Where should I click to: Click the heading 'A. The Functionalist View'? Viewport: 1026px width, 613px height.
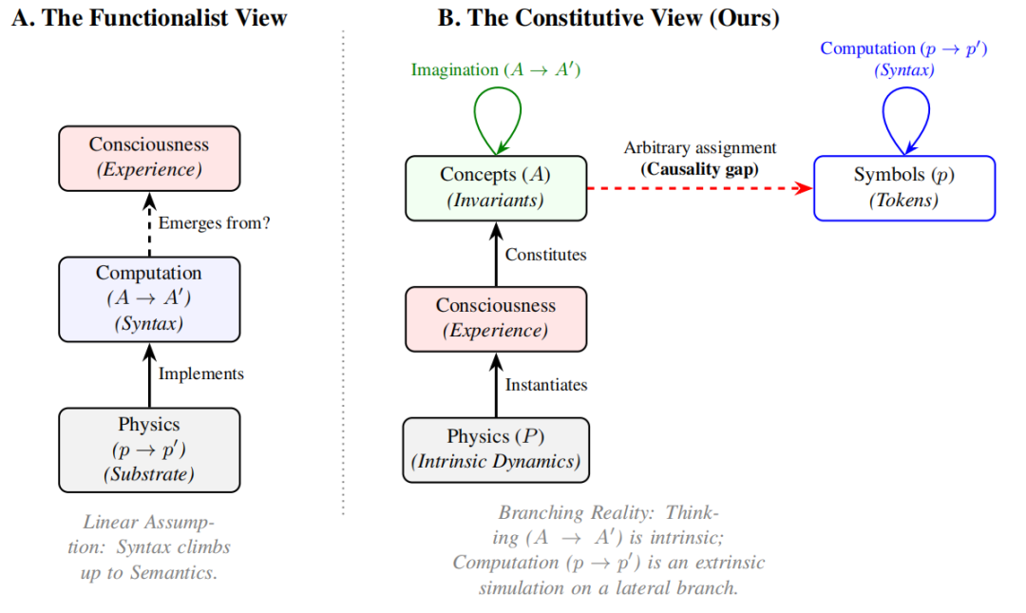click(x=149, y=18)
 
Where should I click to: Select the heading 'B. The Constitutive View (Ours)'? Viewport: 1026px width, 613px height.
click(x=608, y=18)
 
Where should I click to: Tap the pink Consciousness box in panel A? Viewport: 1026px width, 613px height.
click(x=149, y=158)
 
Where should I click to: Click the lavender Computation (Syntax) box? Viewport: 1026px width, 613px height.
click(x=149, y=298)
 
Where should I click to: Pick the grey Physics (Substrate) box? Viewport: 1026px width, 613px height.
click(x=149, y=450)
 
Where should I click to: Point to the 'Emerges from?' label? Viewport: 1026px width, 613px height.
click(x=214, y=224)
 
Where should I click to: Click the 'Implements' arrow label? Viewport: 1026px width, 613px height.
click(x=200, y=374)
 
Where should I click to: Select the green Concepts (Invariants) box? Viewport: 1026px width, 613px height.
click(x=496, y=187)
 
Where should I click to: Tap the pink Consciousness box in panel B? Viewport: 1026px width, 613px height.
click(x=496, y=318)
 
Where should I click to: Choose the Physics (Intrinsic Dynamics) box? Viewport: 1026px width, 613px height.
click(x=496, y=450)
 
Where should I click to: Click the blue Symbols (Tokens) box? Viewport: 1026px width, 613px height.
click(x=903, y=188)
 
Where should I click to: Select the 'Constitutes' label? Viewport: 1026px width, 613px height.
click(x=545, y=255)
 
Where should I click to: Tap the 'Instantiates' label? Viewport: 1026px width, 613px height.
click(x=546, y=385)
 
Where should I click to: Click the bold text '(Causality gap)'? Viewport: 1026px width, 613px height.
click(x=699, y=169)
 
